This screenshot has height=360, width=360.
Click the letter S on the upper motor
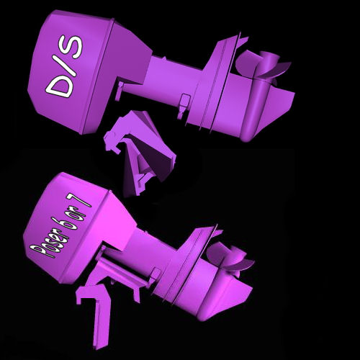[71, 47]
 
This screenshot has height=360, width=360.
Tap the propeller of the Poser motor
[229, 258]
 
